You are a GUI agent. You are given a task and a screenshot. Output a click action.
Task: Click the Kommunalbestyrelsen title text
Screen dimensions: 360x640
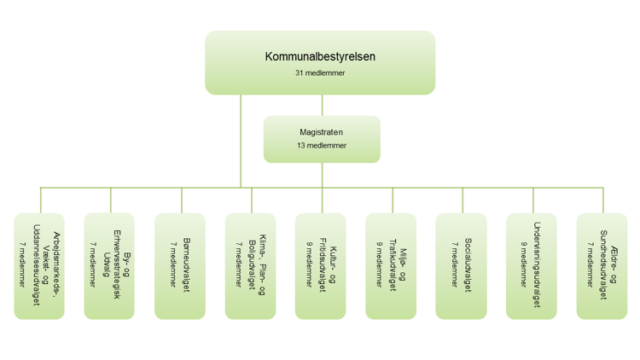tap(320, 57)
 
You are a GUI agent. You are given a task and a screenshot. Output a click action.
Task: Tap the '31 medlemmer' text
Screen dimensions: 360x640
tap(320, 73)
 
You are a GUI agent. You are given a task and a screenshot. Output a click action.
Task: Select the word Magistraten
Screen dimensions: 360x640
tap(322, 132)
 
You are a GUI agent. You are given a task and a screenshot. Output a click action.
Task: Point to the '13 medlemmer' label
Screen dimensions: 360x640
tap(322, 146)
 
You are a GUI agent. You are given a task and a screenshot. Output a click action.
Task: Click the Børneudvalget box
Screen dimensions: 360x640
tap(180, 265)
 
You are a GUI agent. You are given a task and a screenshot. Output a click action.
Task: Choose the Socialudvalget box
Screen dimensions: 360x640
tap(461, 265)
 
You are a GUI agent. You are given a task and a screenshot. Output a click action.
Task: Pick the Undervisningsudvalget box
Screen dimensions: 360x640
tap(531, 265)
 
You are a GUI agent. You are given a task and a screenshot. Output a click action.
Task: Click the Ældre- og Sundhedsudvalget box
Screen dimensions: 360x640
tap(602, 265)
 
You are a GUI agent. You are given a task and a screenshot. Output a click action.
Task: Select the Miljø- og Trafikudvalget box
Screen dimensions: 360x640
tap(391, 265)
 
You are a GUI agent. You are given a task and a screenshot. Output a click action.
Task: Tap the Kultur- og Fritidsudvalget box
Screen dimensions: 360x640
tap(320, 265)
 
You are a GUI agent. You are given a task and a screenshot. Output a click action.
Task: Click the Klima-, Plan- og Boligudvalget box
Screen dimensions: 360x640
tap(250, 265)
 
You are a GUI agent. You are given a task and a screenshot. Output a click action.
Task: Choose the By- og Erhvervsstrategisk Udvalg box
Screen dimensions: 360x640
tap(109, 265)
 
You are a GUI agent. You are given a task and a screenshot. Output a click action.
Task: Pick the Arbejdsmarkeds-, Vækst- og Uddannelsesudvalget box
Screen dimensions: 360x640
tap(39, 265)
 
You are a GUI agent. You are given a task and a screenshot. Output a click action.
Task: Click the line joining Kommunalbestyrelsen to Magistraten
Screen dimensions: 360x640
tap(322, 105)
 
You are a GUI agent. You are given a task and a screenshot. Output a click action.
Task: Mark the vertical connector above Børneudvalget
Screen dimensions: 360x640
tap(182, 200)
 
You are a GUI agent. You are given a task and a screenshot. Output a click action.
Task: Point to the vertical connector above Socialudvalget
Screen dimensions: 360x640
tap(463, 200)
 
